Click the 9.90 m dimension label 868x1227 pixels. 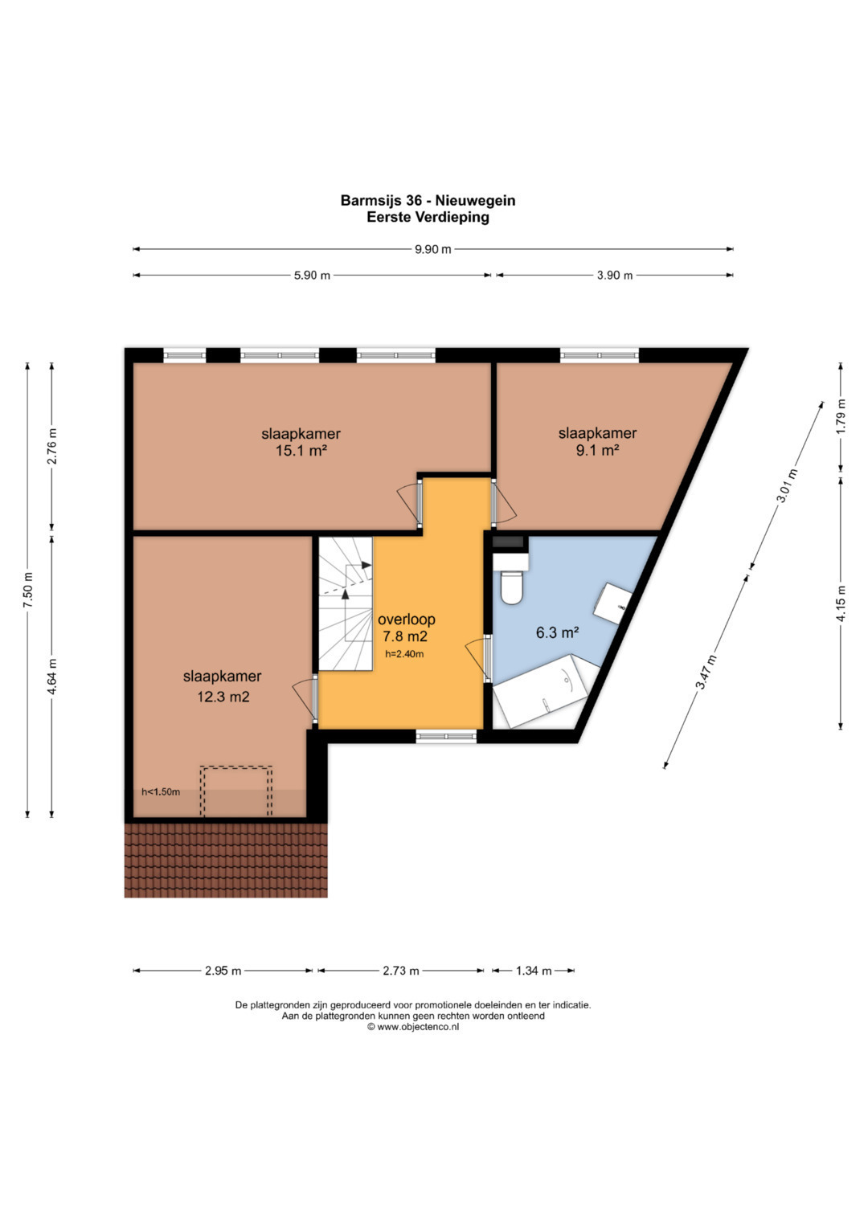[x=433, y=249]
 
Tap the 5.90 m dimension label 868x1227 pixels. [x=312, y=276]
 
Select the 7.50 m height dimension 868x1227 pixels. [x=28, y=589]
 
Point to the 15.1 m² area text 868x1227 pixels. [x=301, y=451]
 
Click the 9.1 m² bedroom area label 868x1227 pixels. [x=597, y=450]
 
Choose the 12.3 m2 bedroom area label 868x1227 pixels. [x=223, y=697]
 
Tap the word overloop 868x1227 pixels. [x=407, y=619]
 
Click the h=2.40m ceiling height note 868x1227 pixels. [x=404, y=653]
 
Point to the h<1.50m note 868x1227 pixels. [x=161, y=791]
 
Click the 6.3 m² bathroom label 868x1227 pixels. [x=557, y=632]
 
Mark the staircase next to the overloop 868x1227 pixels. [x=346, y=603]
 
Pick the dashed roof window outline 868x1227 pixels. [x=236, y=791]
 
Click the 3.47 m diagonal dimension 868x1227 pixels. [x=707, y=672]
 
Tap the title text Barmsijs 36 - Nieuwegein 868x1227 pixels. [x=428, y=201]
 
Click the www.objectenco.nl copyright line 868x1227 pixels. [x=413, y=1027]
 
